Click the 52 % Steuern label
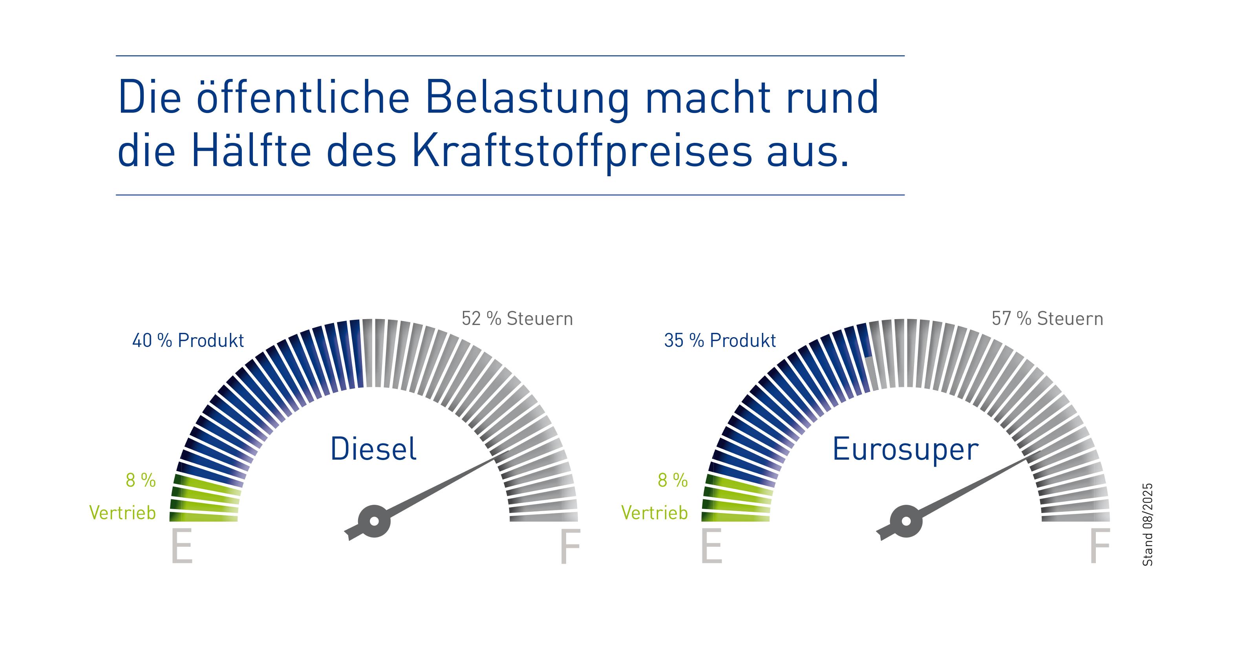[x=517, y=319]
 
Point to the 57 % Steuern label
[x=1047, y=319]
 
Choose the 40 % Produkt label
[x=188, y=340]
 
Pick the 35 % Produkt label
[x=720, y=340]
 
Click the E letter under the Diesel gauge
[x=182, y=546]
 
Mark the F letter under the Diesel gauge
[x=569, y=546]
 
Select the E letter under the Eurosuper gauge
[x=711, y=546]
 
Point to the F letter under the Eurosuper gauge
[x=1100, y=546]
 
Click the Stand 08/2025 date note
[x=1148, y=524]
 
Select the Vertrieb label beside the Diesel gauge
[x=123, y=513]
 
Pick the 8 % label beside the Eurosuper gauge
[x=673, y=480]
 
